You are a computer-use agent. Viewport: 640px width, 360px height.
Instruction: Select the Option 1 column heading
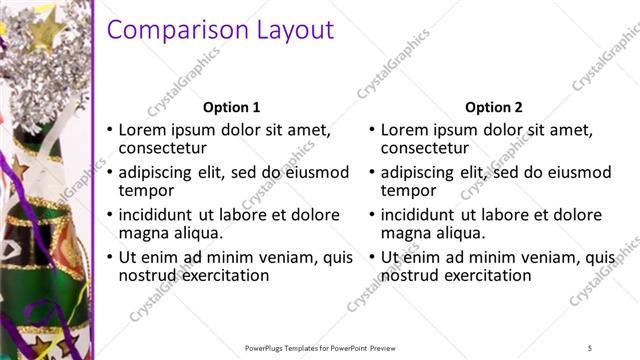pyautogui.click(x=231, y=107)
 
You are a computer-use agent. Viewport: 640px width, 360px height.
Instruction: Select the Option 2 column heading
pyautogui.click(x=493, y=107)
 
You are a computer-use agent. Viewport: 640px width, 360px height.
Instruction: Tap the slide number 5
pyautogui.click(x=590, y=347)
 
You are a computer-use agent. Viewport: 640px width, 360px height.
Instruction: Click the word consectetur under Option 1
pyautogui.click(x=162, y=149)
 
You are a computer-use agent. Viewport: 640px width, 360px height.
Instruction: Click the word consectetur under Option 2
pyautogui.click(x=424, y=149)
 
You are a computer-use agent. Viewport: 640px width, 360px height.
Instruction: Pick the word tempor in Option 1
pyautogui.click(x=146, y=191)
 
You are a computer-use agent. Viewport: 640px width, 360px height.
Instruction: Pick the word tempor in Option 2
pyautogui.click(x=408, y=191)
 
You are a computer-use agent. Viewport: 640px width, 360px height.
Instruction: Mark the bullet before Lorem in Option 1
pyautogui.click(x=110, y=131)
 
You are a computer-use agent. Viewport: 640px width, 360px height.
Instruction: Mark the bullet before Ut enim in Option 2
pyautogui.click(x=372, y=258)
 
